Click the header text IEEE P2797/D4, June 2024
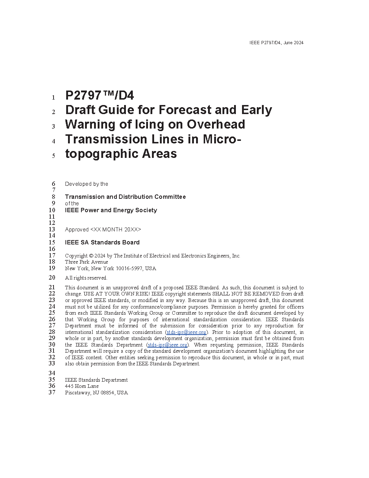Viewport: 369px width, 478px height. click(x=276, y=43)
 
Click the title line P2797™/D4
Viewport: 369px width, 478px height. click(x=99, y=96)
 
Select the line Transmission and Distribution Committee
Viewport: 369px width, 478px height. click(x=125, y=197)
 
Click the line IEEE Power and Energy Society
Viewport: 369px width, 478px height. click(x=111, y=210)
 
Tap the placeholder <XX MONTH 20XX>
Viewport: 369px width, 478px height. click(x=116, y=230)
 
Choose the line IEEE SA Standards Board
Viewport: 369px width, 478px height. click(x=102, y=242)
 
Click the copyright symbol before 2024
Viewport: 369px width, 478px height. click(x=91, y=256)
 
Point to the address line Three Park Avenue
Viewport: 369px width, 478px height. click(x=86, y=262)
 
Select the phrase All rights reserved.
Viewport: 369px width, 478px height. click(x=86, y=278)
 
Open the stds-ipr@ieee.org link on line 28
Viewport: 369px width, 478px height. click(x=186, y=332)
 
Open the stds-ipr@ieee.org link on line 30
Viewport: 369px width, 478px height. click(x=167, y=345)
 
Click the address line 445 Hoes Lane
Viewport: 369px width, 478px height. click(x=82, y=386)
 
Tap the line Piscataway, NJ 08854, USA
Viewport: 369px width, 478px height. click(x=96, y=393)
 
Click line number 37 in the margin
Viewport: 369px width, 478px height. click(x=52, y=393)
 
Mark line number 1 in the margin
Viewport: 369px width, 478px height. click(x=54, y=97)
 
